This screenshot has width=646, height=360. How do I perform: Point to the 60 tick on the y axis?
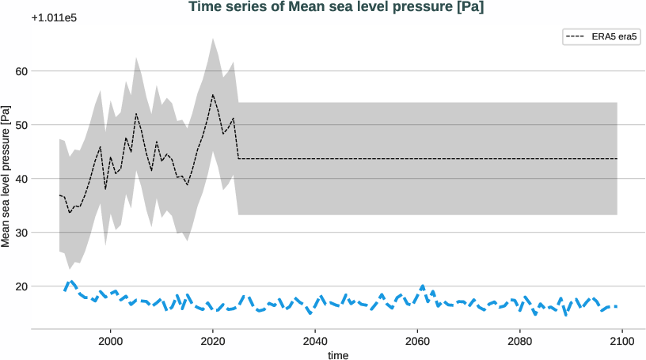pos(21,71)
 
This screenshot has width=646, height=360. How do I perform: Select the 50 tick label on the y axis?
pos(21,125)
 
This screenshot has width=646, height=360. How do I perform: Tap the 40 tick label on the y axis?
pos(21,179)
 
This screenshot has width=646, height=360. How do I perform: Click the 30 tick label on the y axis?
pos(21,233)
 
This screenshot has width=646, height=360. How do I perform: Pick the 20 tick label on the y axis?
pos(21,286)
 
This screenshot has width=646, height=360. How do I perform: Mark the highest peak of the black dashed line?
pos(212,95)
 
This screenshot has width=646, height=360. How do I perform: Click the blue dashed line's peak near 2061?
pos(423,286)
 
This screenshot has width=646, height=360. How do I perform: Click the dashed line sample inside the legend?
pos(575,36)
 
